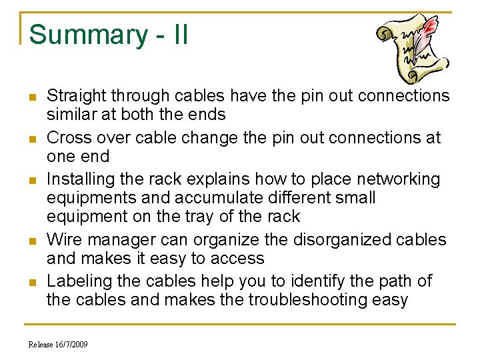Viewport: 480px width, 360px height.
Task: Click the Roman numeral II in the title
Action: click(179, 35)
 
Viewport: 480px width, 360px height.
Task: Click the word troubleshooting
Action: click(327, 300)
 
